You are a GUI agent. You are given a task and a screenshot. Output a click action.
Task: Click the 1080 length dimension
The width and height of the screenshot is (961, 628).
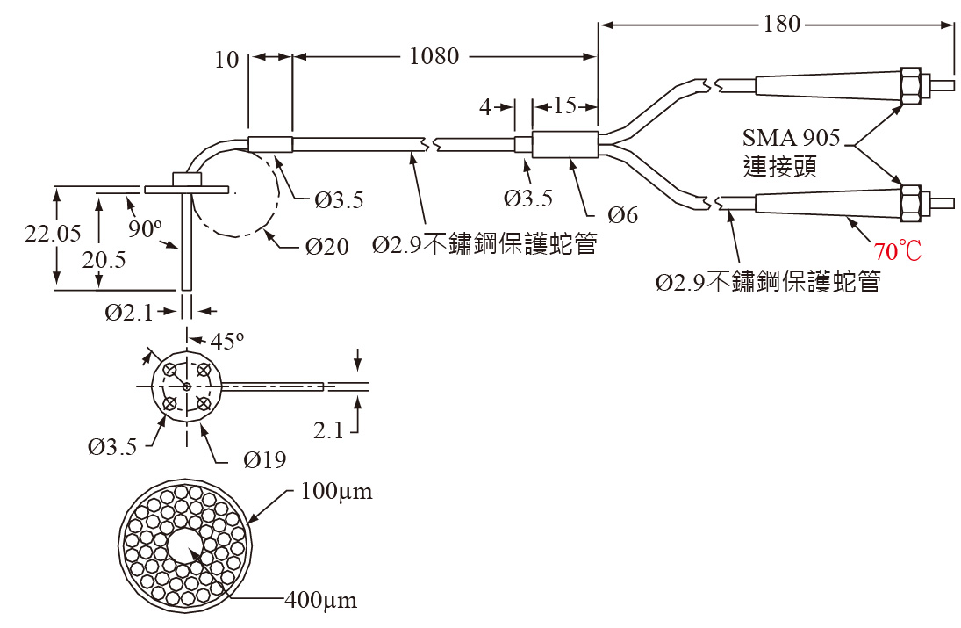coord(434,57)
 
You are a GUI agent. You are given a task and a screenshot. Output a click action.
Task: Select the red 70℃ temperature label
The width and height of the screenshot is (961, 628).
coord(897,252)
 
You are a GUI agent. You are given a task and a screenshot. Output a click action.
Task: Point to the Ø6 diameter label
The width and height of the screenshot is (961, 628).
coord(622,214)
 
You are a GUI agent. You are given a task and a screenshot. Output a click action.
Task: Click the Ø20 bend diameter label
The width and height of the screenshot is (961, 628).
coord(327,247)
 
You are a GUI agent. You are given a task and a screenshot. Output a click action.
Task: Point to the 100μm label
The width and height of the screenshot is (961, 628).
coord(336,491)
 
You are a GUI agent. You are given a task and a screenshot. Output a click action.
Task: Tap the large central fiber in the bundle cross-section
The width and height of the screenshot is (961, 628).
coord(185,546)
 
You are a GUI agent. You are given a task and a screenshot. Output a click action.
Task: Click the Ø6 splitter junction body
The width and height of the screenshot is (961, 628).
coord(565,145)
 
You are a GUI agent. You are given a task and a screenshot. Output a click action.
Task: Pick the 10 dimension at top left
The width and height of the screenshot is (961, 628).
coord(226,59)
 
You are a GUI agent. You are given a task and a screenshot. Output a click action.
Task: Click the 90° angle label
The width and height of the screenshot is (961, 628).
coord(145,229)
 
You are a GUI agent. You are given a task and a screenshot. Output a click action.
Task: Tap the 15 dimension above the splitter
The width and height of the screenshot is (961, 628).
coord(565,106)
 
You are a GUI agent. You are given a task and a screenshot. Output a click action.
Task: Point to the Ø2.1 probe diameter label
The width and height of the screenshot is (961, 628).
coord(131,312)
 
